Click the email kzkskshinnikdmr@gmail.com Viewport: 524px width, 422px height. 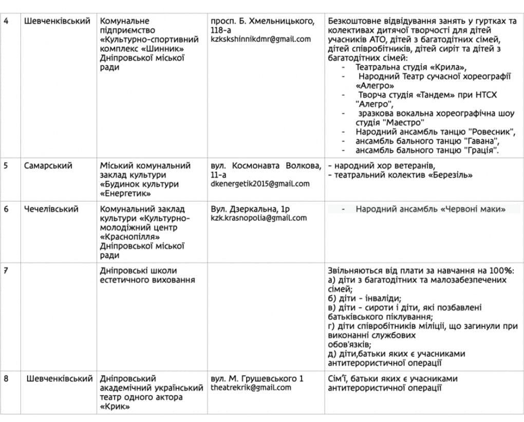[x=260, y=39]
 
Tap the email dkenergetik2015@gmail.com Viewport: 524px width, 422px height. [x=260, y=184]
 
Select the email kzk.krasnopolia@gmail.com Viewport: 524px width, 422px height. [x=258, y=217]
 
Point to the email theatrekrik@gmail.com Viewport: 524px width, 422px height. [x=251, y=387]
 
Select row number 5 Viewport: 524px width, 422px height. [x=6, y=166]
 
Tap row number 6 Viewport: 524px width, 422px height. [x=6, y=209]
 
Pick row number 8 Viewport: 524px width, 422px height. [x=6, y=379]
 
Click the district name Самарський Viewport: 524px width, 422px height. [x=48, y=166]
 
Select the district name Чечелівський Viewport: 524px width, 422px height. [x=51, y=209]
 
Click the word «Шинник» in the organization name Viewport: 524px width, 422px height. [x=165, y=49]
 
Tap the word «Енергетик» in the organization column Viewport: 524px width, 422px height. [x=125, y=193]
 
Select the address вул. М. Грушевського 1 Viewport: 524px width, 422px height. [x=257, y=378]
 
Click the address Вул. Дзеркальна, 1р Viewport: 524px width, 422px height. [x=250, y=209]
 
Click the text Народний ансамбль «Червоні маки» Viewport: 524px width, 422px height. [x=430, y=209]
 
